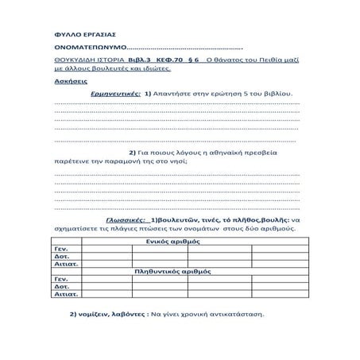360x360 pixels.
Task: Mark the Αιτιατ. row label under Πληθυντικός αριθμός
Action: tap(63, 294)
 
